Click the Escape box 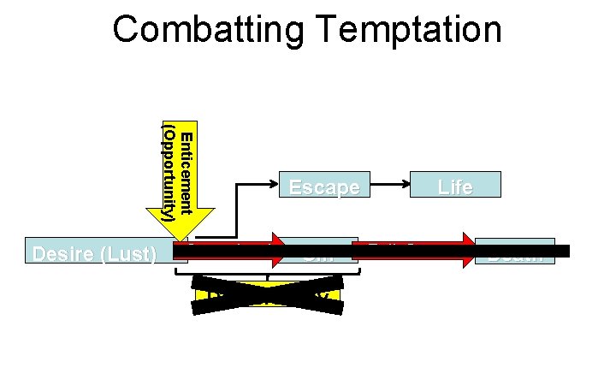[324, 186]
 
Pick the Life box [455, 186]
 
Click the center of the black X [268, 294]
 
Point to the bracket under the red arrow [268, 273]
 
